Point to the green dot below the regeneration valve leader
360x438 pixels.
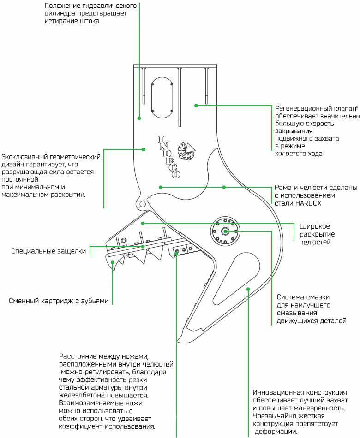coord(196,106)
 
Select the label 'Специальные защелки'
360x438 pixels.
coord(48,251)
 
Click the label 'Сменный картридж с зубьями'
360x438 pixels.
coord(59,301)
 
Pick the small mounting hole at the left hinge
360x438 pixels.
coord(142,203)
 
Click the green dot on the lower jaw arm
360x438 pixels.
coord(248,289)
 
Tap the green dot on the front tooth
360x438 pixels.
coord(113,262)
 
